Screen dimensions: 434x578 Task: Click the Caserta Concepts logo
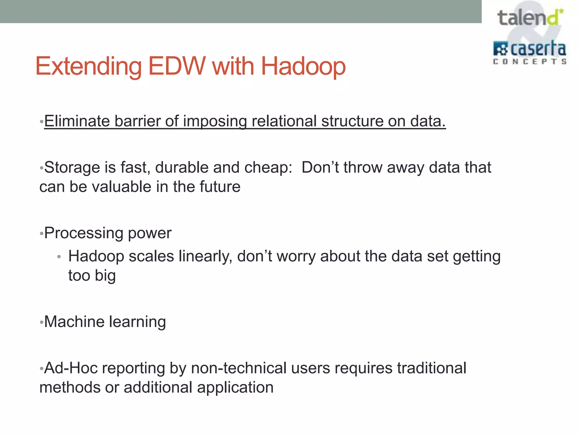529,53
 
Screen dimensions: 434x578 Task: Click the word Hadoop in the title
303,66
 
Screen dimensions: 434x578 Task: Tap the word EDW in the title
177,66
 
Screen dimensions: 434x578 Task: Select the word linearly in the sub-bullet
205,256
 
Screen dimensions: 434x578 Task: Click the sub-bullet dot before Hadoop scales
59,257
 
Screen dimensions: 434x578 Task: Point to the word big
105,276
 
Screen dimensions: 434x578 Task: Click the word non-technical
238,368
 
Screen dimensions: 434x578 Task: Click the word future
220,187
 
